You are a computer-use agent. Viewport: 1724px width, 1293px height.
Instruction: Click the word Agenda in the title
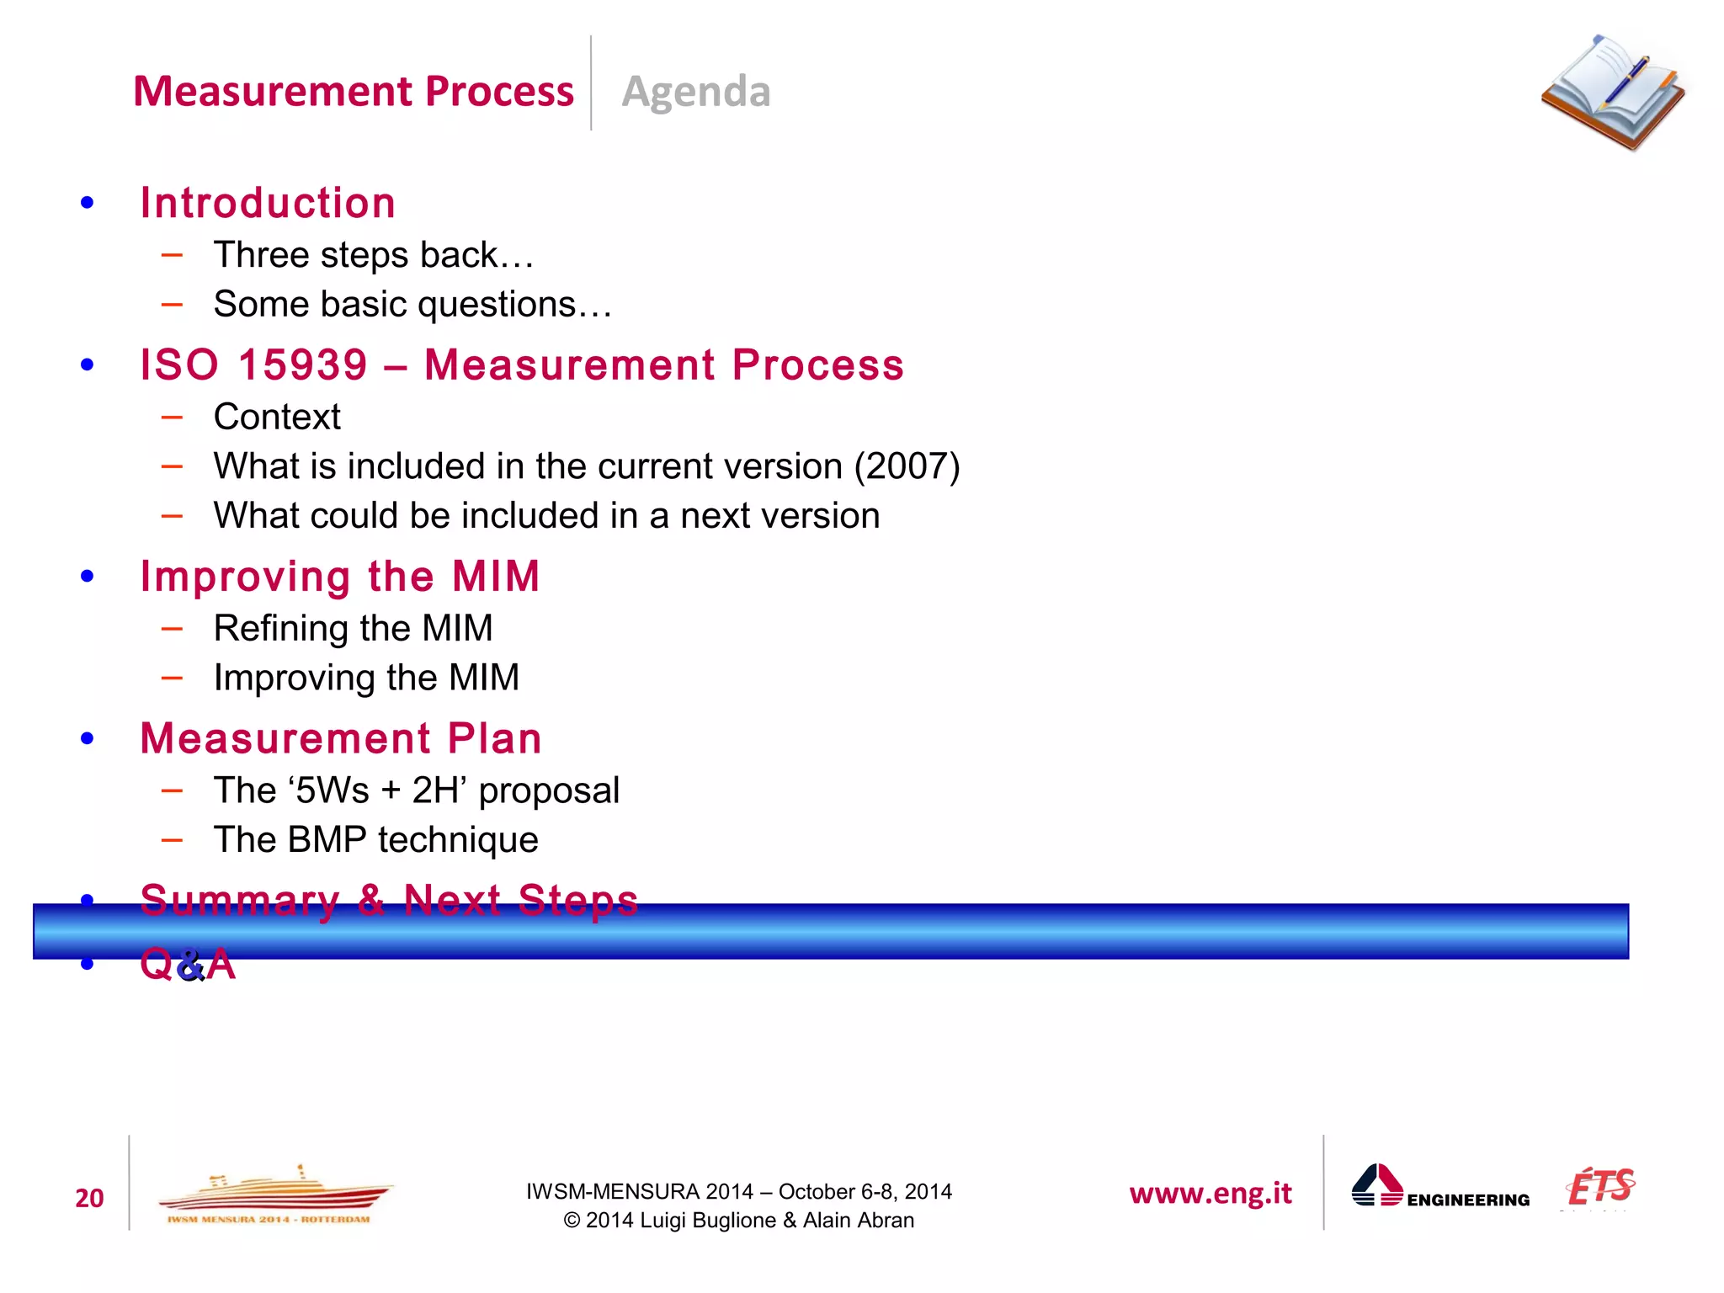tap(695, 91)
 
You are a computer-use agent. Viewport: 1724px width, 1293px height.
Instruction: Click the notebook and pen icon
tap(1613, 93)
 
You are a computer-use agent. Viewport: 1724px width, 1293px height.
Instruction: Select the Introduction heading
tap(268, 203)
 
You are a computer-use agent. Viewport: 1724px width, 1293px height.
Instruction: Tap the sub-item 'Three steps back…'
tap(374, 255)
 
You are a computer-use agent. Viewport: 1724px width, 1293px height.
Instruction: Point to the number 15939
tap(303, 365)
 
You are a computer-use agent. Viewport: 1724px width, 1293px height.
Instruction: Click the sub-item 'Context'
tap(277, 417)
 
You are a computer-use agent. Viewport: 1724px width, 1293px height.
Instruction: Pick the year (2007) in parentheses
tap(907, 466)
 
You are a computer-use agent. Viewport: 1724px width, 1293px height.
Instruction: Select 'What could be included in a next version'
tap(546, 515)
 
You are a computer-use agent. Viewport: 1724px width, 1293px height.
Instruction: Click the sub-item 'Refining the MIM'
tap(353, 628)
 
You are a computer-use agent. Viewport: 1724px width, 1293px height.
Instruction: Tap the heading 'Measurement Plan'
tap(341, 738)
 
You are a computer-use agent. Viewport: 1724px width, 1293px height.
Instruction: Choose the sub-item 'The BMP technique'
tap(375, 839)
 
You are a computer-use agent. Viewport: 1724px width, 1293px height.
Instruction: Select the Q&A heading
tap(188, 964)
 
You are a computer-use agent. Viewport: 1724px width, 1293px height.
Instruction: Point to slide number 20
tap(89, 1198)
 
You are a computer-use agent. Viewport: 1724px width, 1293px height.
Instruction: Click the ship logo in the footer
tap(274, 1195)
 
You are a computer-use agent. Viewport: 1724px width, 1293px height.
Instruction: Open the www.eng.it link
tap(1210, 1193)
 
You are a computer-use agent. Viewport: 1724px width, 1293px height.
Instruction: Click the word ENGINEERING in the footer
tap(1468, 1200)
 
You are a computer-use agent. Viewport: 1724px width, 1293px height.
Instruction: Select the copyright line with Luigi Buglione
tap(738, 1220)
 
